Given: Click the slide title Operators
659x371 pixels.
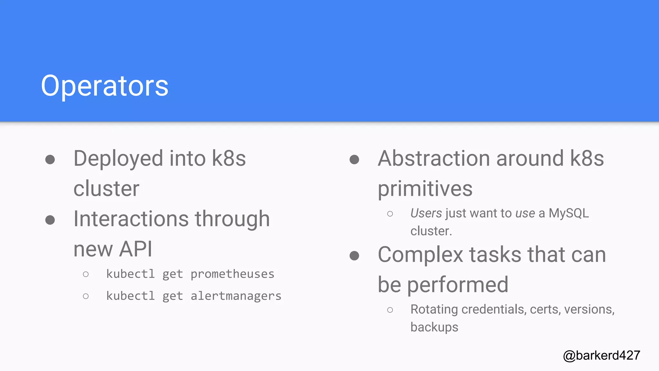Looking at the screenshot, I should [x=105, y=86].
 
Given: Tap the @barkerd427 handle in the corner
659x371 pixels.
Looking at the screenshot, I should [x=601, y=355].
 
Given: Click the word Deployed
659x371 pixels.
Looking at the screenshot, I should [x=118, y=159].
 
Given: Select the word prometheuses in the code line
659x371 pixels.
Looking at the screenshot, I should [x=232, y=274].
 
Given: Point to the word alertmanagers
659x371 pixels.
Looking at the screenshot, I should [x=236, y=296].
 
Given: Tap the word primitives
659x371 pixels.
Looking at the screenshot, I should [x=425, y=189].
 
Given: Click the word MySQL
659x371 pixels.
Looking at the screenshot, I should [x=569, y=213].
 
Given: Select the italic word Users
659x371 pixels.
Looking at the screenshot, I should [x=426, y=213].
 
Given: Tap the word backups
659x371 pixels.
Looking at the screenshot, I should [x=434, y=327].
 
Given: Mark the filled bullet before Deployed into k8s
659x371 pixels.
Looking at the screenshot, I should [x=50, y=159].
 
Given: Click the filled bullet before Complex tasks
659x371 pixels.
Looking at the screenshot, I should [x=354, y=256].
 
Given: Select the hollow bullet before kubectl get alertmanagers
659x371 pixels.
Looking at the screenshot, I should [x=86, y=296].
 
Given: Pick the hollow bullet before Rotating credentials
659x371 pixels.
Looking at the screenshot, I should [x=390, y=310].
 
